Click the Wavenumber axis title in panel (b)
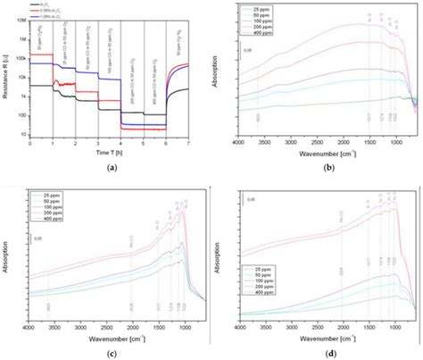point(319,153)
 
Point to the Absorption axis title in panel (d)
point(220,259)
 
